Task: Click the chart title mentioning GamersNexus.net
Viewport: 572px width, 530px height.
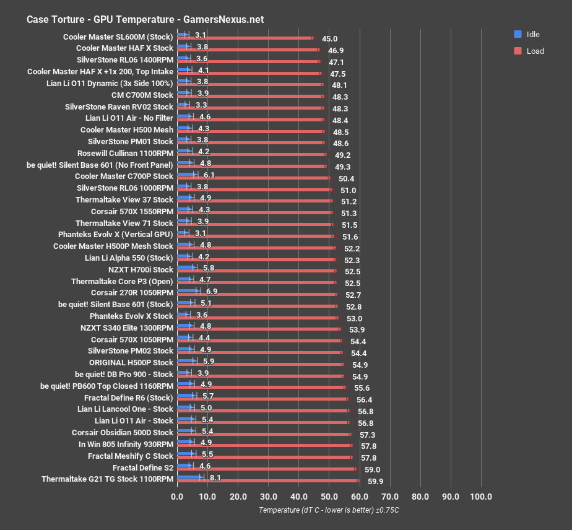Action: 145,19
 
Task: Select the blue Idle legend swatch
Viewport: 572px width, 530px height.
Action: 518,34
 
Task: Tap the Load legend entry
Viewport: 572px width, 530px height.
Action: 535,51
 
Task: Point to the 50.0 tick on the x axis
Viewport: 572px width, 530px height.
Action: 329,497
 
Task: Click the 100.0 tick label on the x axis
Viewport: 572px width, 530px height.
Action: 481,497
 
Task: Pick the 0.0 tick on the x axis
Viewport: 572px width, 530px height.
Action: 178,497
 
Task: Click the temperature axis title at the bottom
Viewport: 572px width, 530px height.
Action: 329,510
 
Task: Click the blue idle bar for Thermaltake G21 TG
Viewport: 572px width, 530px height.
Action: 189,477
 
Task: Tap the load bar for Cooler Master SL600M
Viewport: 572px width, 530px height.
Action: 245,38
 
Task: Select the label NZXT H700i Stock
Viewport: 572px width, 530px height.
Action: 141,269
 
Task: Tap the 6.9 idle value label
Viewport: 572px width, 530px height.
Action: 212,291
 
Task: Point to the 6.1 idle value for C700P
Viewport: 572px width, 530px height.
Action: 209,175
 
